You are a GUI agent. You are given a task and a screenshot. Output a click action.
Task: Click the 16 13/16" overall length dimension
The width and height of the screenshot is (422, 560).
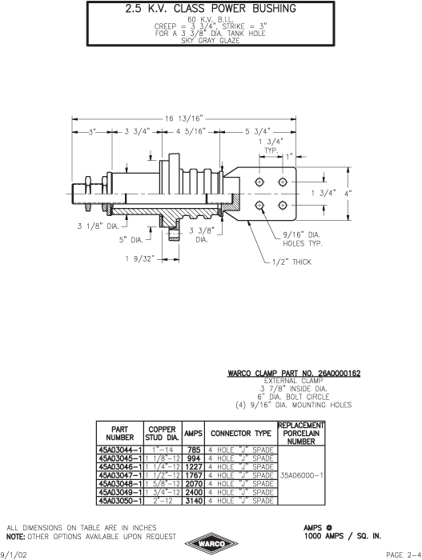(184, 118)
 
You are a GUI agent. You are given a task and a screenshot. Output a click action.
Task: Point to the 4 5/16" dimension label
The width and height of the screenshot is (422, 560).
(191, 132)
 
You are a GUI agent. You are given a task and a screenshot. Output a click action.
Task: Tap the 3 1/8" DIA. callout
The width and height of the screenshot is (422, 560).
(98, 226)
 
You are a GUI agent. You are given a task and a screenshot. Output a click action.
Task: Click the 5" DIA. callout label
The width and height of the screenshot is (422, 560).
(131, 240)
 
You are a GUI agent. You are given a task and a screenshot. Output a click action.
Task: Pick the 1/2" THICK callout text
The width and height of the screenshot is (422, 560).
(291, 262)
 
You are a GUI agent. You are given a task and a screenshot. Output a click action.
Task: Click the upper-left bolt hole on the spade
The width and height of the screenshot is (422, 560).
(259, 182)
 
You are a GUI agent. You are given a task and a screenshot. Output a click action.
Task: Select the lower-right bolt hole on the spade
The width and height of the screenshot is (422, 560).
(283, 206)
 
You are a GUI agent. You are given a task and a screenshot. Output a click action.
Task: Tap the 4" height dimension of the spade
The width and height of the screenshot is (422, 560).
(348, 194)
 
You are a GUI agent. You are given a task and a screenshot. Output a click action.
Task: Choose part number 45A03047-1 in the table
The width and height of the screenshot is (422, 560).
(120, 475)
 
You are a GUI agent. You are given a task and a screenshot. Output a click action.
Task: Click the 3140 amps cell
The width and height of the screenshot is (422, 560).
(194, 501)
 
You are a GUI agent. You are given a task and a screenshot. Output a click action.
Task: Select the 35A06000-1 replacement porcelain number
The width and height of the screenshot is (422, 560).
(301, 475)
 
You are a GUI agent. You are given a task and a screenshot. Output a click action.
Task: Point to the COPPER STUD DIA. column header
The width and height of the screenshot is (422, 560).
(163, 434)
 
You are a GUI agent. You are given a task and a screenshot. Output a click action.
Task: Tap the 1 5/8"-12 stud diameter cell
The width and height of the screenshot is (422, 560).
(163, 484)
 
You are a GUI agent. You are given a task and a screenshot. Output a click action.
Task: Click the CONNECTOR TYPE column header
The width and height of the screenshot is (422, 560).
(241, 434)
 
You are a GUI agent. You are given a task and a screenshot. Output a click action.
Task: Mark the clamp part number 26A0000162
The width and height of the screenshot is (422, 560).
(339, 374)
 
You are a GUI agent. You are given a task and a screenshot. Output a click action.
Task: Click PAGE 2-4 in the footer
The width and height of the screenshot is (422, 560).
(404, 554)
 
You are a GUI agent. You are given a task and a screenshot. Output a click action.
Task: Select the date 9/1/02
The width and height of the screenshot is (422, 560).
(14, 554)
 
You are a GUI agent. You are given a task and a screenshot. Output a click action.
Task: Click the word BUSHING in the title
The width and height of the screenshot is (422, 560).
(274, 9)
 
